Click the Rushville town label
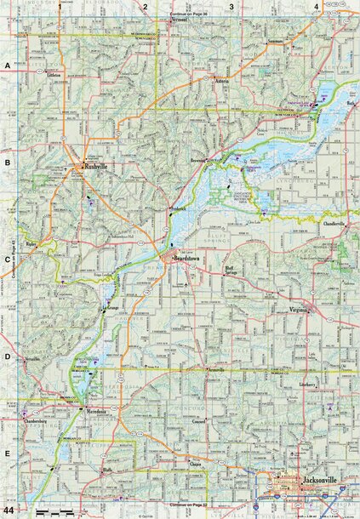[x=95, y=167]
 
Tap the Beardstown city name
[x=190, y=256]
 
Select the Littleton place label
[x=52, y=75]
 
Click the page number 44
[x=9, y=509]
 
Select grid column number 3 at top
[x=231, y=6]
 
